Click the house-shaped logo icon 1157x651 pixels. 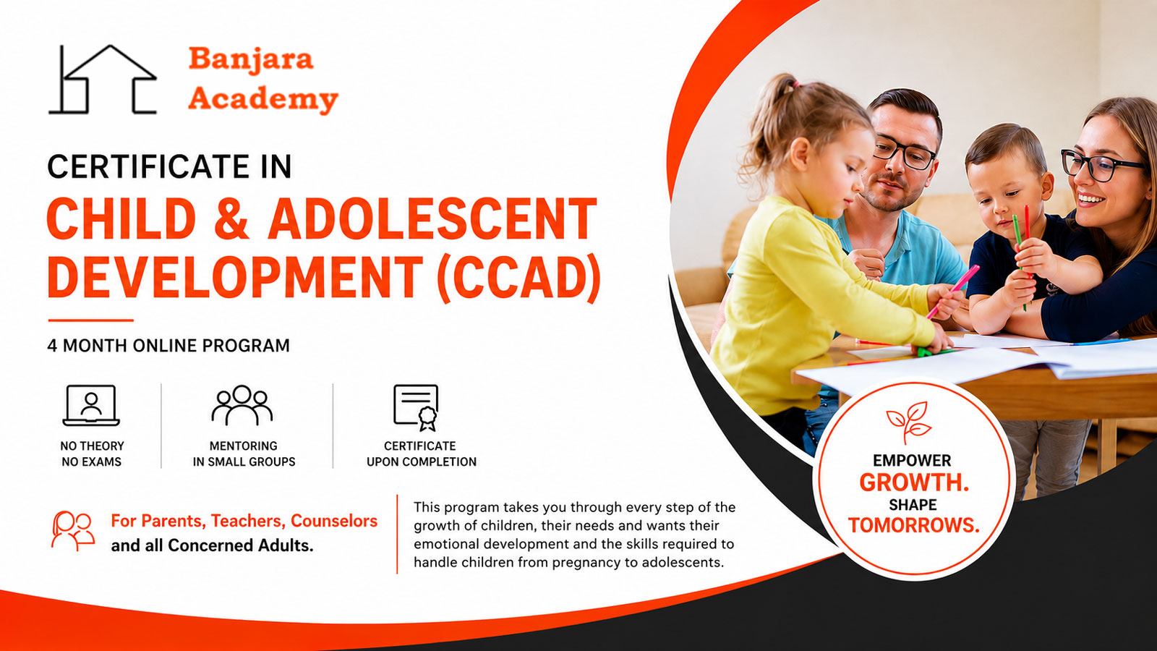102,79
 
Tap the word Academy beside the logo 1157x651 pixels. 263,98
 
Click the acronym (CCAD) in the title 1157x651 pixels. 518,278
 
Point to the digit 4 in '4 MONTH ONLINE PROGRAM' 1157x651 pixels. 52,346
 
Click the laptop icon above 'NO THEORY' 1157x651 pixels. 91,406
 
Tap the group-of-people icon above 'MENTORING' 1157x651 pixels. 242,406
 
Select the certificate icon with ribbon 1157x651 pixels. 416,408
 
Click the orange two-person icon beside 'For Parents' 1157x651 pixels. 73,531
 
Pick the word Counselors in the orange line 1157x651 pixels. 334,521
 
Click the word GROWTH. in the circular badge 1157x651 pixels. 914,482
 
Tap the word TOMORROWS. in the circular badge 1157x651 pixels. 914,525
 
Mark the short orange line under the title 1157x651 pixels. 91,320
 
